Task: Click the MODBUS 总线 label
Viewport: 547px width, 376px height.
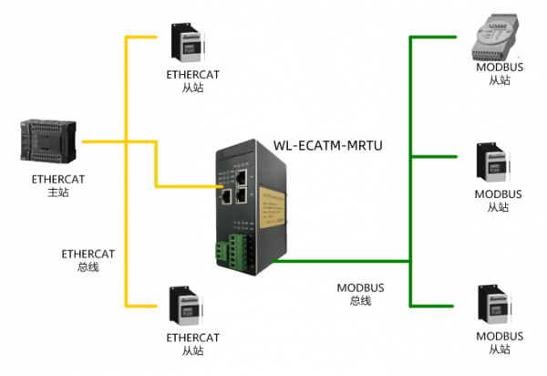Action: pyautogui.click(x=360, y=294)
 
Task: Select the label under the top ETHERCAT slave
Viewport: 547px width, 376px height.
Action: pyautogui.click(x=192, y=80)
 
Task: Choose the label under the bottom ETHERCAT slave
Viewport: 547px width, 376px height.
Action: pyautogui.click(x=192, y=343)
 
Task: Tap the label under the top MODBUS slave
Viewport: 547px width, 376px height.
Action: pyautogui.click(x=499, y=74)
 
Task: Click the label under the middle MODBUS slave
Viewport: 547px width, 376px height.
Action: pyautogui.click(x=499, y=201)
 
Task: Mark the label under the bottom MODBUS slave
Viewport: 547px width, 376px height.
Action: pyautogui.click(x=499, y=343)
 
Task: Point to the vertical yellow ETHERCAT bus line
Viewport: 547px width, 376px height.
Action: pyautogui.click(x=126, y=228)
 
